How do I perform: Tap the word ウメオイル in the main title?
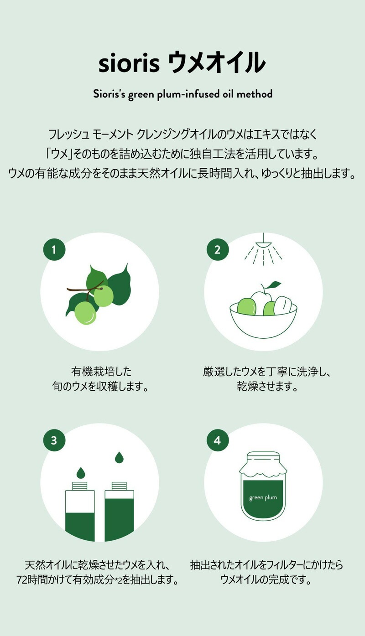coord(217,62)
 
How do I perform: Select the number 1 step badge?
coord(54,249)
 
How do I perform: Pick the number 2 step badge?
coord(218,249)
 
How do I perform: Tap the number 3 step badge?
coord(54,440)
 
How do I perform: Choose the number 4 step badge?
coord(218,440)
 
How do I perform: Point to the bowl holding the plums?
coord(263,321)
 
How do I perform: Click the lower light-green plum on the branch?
coord(85,313)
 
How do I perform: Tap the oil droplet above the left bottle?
coord(81,472)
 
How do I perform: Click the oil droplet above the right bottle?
coord(119,457)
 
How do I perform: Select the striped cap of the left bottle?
coord(80,486)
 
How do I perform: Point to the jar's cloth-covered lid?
coord(263,464)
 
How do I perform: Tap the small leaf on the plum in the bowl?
coord(274,284)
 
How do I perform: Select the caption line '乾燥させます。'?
coord(267,386)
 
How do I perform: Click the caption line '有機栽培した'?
coord(101,372)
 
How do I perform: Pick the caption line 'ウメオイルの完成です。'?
coord(266,580)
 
